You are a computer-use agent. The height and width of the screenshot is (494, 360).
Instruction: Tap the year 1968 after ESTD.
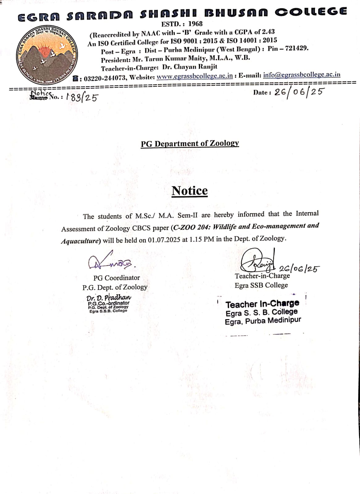click(195, 24)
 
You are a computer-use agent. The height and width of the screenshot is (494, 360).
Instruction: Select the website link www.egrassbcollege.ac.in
click(195, 76)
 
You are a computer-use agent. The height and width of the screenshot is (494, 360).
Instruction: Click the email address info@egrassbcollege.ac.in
click(302, 75)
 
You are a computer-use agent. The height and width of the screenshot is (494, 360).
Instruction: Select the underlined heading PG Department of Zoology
click(190, 144)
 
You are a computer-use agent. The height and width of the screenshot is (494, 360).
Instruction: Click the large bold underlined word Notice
click(190, 190)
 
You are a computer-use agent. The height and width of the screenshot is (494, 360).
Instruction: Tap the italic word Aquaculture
click(80, 241)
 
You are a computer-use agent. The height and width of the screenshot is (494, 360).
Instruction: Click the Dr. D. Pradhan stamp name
click(109, 298)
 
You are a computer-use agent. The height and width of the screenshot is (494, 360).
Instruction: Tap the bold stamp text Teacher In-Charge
click(262, 304)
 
